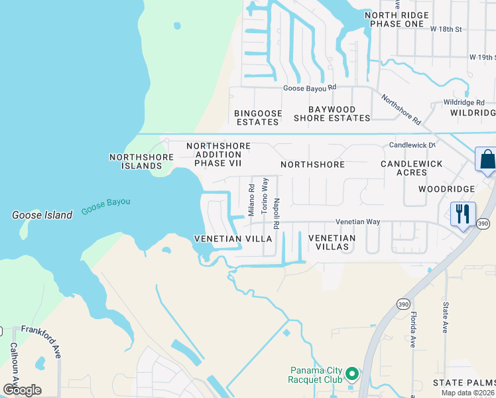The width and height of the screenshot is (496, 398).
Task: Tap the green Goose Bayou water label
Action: click(106, 206)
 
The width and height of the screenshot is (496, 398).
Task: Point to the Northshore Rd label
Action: click(401, 109)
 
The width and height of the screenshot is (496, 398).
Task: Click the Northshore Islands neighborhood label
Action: click(141, 161)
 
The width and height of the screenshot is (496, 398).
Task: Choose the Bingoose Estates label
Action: click(258, 117)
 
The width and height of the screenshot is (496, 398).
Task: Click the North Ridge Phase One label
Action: click(393, 19)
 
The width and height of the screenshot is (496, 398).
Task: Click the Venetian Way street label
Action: click(357, 222)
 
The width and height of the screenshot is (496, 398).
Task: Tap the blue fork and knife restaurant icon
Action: click(463, 214)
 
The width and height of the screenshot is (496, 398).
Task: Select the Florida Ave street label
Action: click(413, 330)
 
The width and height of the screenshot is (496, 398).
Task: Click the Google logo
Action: click(23, 389)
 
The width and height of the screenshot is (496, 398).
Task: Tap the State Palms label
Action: click(464, 383)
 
